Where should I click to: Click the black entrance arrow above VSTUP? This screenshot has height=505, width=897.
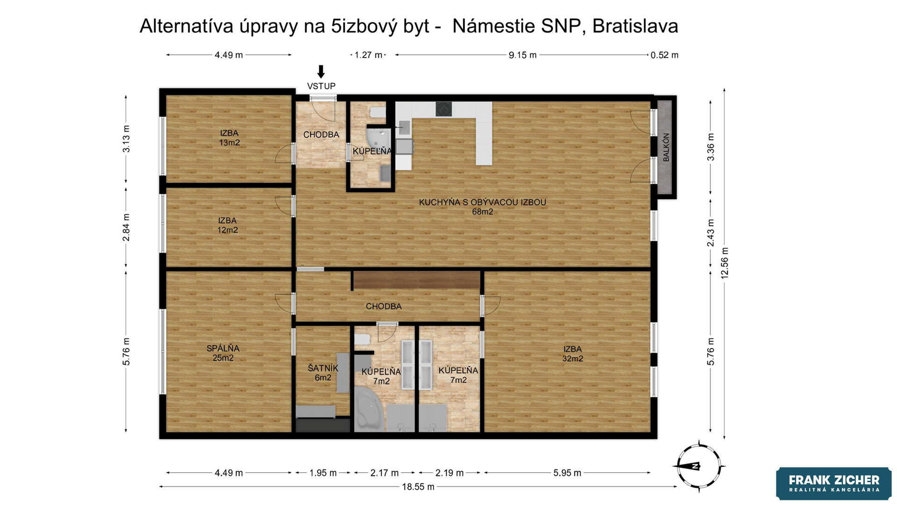(x=320, y=72)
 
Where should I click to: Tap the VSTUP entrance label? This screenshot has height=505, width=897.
(x=321, y=86)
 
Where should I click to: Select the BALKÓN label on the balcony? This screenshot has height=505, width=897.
(x=666, y=147)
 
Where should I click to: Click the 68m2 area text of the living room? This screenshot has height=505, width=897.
(x=483, y=212)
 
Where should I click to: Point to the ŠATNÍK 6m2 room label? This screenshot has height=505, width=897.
(x=323, y=373)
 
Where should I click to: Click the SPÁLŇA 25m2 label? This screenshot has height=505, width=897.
(x=223, y=353)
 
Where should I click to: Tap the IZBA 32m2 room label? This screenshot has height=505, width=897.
(x=572, y=354)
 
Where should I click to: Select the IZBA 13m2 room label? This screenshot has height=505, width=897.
(x=229, y=138)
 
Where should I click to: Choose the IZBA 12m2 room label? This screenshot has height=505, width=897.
(x=228, y=225)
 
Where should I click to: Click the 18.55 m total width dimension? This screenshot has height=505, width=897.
(x=418, y=487)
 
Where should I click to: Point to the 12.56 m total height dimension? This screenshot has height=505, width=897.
(x=725, y=263)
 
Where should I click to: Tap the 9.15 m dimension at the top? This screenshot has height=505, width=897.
(x=523, y=55)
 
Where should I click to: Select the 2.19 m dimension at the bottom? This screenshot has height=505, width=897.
(x=449, y=473)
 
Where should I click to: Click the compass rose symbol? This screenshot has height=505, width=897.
(x=698, y=466)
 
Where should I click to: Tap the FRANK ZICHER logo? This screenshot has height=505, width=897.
(x=834, y=483)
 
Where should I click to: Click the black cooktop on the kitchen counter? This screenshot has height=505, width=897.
(x=444, y=108)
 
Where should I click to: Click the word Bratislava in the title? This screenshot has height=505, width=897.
(x=635, y=26)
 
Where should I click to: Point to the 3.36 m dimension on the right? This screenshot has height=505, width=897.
(x=711, y=147)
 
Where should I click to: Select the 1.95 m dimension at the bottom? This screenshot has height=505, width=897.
(x=323, y=473)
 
